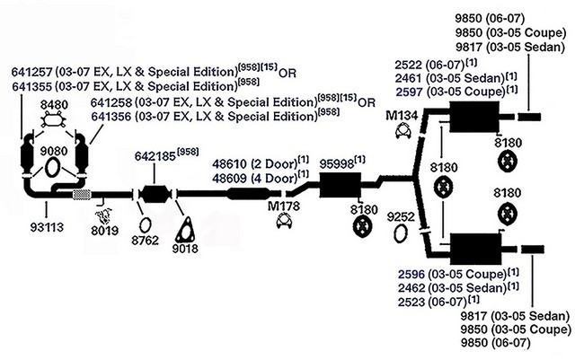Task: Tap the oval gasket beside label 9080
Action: pos(52,169)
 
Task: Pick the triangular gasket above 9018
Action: pos(187,230)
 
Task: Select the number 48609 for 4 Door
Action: pos(230,178)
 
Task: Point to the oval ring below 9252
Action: pos(402,235)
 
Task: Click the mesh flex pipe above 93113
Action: pos(82,194)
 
